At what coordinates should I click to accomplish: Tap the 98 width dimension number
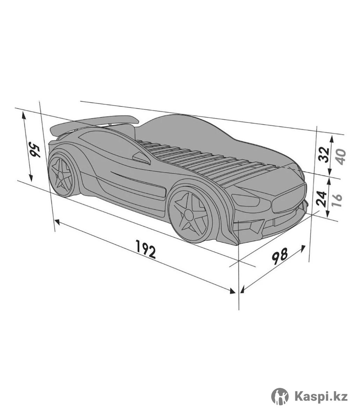280,256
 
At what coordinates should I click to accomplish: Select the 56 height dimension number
35,149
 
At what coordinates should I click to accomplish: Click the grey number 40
340,156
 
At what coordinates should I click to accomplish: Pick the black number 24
322,198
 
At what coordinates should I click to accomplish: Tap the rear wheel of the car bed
62,175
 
